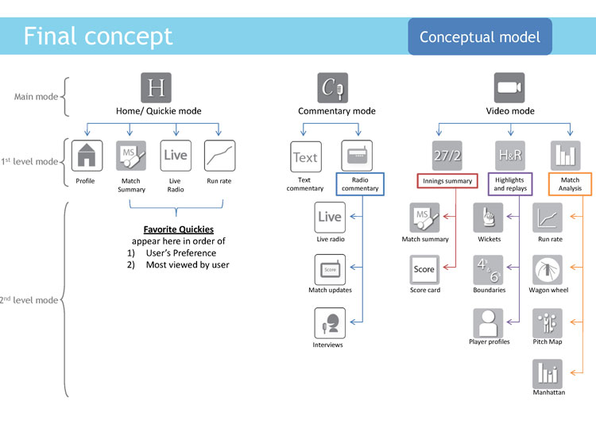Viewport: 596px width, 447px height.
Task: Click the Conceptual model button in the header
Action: (x=480, y=37)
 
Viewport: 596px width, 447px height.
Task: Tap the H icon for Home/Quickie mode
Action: (x=156, y=87)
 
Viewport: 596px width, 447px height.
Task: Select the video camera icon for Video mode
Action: (x=509, y=87)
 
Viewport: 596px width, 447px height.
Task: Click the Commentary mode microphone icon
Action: (x=333, y=87)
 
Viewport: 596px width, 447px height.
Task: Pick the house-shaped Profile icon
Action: (x=87, y=156)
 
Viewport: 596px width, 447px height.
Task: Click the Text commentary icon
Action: (x=306, y=157)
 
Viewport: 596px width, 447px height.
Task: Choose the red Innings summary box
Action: (x=447, y=181)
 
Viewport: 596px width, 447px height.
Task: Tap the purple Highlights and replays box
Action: (x=510, y=184)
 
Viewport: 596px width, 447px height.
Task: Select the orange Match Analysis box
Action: (x=570, y=184)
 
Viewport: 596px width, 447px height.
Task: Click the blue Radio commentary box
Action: (x=360, y=184)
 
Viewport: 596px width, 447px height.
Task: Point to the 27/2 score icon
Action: (x=447, y=156)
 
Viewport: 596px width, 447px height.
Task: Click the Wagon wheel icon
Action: (x=548, y=270)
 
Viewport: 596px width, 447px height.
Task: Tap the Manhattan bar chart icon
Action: (x=548, y=374)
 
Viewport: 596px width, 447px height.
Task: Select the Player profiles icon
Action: (x=488, y=323)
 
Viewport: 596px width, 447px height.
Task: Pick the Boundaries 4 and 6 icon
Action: (x=488, y=270)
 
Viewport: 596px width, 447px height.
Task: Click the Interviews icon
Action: (x=330, y=323)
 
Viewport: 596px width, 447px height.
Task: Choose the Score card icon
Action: (x=424, y=270)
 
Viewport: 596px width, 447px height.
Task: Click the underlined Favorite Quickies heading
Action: (x=179, y=229)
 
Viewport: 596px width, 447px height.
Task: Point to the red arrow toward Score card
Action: (x=450, y=268)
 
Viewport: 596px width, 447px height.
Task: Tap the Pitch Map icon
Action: (x=548, y=323)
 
